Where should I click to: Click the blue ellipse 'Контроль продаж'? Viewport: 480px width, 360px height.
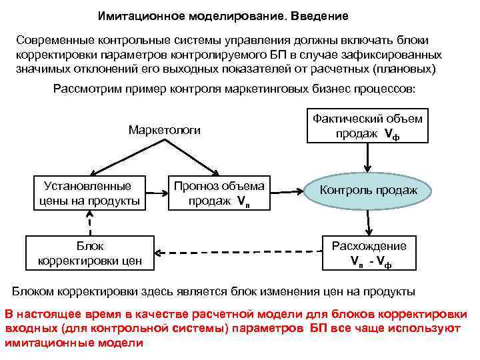[369, 191]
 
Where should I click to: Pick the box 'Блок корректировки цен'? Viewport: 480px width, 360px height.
[90, 253]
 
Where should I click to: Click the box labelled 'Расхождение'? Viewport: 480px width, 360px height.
[369, 253]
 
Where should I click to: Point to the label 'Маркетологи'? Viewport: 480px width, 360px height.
[164, 130]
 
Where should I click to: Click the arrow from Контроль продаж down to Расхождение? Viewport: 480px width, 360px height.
[368, 220]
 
